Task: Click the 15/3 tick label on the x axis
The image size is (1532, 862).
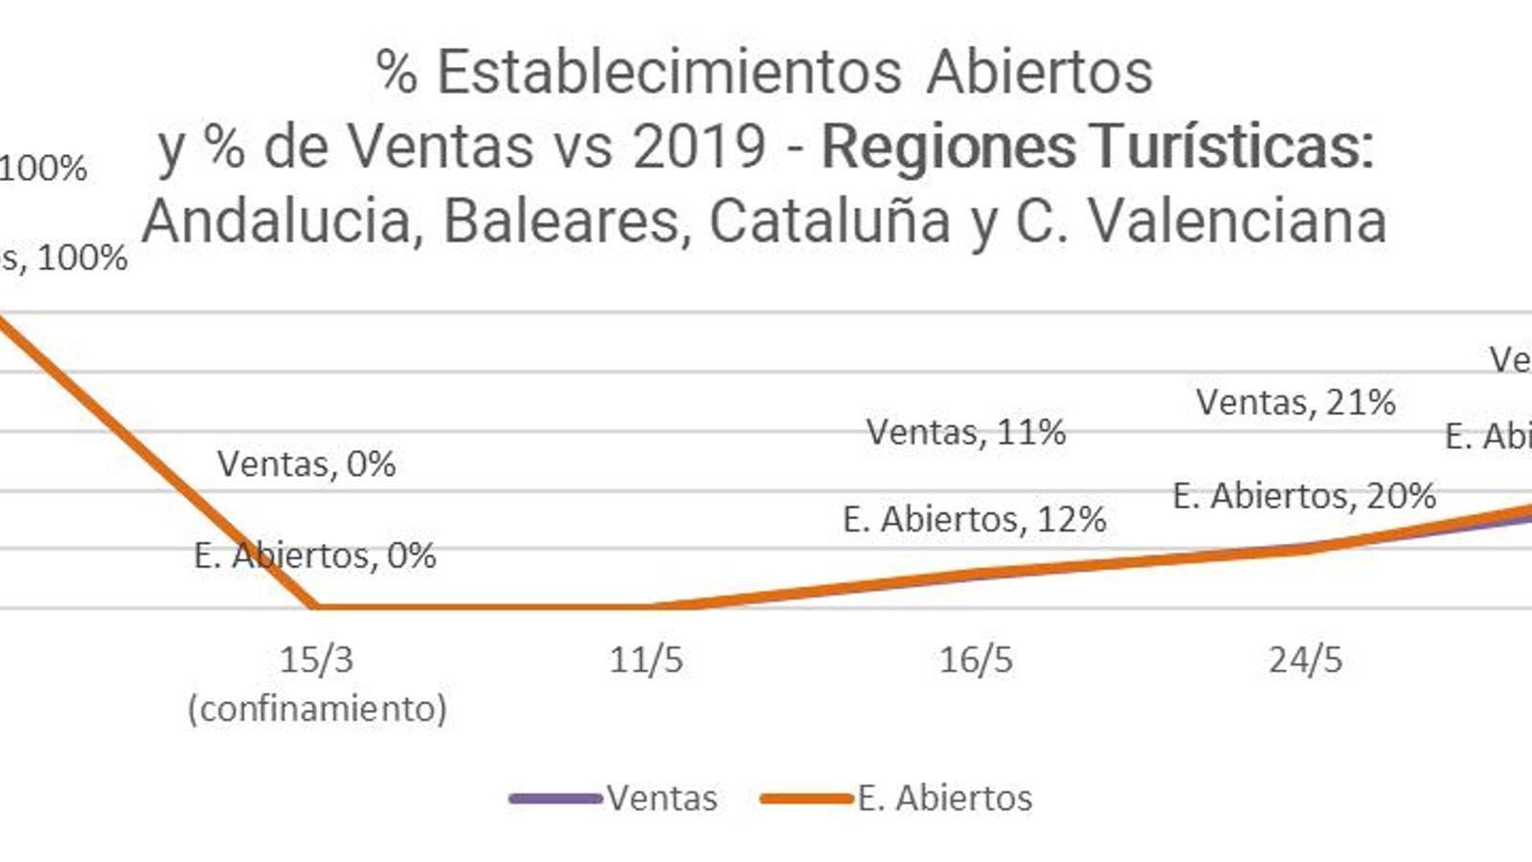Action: click(x=316, y=660)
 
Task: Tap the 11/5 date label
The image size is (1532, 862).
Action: click(x=646, y=660)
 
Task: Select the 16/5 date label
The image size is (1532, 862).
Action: click(x=976, y=660)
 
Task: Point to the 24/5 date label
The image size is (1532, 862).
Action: click(x=1305, y=660)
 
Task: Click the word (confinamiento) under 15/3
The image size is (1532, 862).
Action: click(x=317, y=710)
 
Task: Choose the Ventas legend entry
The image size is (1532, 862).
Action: click(x=662, y=798)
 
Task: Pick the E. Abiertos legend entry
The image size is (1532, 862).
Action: click(x=944, y=798)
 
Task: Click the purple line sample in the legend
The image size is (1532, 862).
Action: click(x=555, y=798)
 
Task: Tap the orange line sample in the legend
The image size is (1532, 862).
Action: click(x=806, y=798)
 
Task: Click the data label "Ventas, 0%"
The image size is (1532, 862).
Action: click(x=306, y=465)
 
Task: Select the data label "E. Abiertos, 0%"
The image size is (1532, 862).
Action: click(x=315, y=556)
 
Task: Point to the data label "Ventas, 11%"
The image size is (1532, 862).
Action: click(x=966, y=432)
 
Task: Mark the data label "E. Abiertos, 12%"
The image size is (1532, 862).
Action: click(x=975, y=519)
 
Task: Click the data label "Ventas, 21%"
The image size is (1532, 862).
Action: click(x=1295, y=402)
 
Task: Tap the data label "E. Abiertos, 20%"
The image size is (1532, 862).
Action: click(x=1304, y=496)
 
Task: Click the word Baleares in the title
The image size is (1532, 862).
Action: click(x=566, y=221)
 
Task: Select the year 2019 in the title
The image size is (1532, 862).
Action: click(x=699, y=147)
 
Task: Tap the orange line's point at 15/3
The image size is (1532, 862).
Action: click(x=316, y=606)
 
